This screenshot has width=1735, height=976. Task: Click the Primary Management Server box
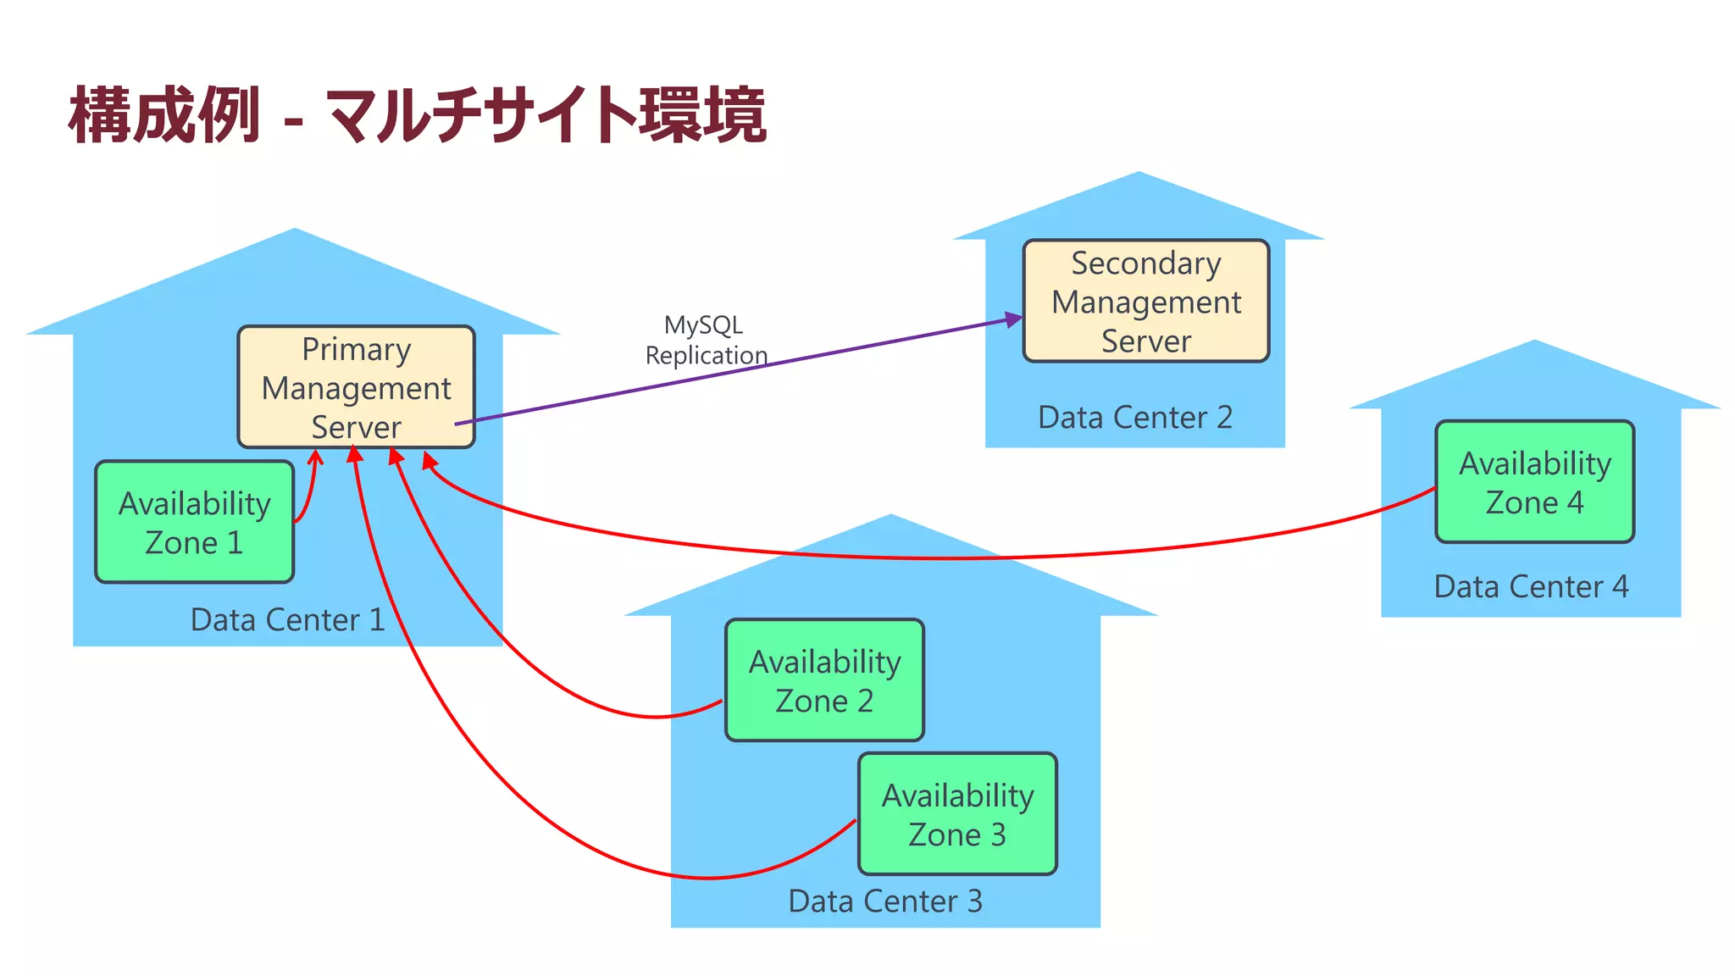click(356, 387)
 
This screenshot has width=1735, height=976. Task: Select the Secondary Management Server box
click(1145, 301)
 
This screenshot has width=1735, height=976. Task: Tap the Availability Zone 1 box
click(194, 522)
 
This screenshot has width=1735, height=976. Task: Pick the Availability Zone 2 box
click(824, 680)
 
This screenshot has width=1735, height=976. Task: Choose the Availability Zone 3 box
click(957, 814)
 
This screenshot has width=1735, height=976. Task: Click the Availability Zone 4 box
click(1534, 482)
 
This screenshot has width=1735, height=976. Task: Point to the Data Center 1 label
click(287, 620)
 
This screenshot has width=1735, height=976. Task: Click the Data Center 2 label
click(1134, 418)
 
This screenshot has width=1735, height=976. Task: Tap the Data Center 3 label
click(885, 901)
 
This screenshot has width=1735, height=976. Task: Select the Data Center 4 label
click(1531, 587)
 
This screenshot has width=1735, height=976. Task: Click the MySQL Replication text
click(706, 340)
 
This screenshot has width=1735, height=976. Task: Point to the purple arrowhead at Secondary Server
click(1014, 319)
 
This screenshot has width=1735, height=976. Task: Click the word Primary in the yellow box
click(356, 349)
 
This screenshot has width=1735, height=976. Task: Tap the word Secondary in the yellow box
click(1145, 263)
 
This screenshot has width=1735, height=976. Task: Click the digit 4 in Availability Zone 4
click(1575, 502)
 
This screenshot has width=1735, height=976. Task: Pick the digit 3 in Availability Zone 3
click(998, 835)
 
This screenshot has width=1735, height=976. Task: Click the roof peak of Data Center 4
click(1534, 344)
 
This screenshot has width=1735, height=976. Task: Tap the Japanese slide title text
click(417, 115)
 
